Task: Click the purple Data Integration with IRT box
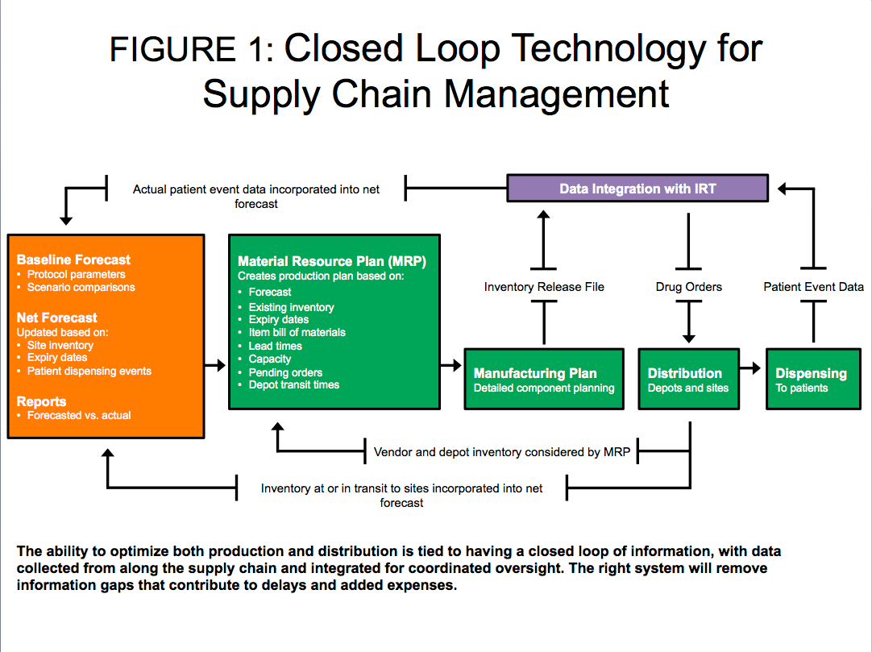[x=637, y=188]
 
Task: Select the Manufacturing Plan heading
[x=535, y=373]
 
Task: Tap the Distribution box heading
[x=684, y=373]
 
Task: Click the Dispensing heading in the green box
[x=811, y=374]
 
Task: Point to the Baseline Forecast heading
[x=73, y=260]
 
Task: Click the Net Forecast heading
[x=56, y=318]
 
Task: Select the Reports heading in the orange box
[x=41, y=401]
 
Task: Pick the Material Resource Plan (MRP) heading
[x=332, y=261]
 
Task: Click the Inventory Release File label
[x=544, y=287]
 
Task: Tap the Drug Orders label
[x=688, y=287]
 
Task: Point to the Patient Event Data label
[x=814, y=287]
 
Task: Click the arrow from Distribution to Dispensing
[x=750, y=368]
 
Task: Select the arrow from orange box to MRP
[x=215, y=366]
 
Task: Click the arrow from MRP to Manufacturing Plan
[x=451, y=366]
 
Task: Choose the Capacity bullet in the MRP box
[x=270, y=359]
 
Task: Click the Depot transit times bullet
[x=293, y=385]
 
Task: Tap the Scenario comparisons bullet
[x=81, y=288]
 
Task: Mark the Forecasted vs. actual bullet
[x=79, y=416]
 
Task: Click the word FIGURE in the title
[x=172, y=49]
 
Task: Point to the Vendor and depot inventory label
[x=501, y=452]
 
